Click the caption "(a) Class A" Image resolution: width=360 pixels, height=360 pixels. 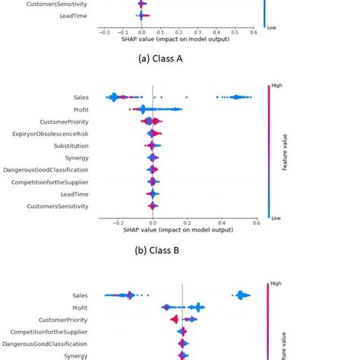(x=179, y=58)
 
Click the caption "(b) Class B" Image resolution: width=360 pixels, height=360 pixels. (x=179, y=248)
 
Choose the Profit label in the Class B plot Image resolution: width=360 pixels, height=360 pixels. (x=78, y=109)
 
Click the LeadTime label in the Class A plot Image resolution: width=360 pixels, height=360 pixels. (x=72, y=15)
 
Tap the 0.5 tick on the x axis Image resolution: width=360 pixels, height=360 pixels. (x=235, y=33)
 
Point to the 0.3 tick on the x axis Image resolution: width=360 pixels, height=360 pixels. (x=197, y=33)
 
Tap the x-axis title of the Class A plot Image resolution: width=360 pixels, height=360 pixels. (x=178, y=39)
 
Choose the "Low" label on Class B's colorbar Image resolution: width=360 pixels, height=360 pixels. (x=275, y=218)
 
